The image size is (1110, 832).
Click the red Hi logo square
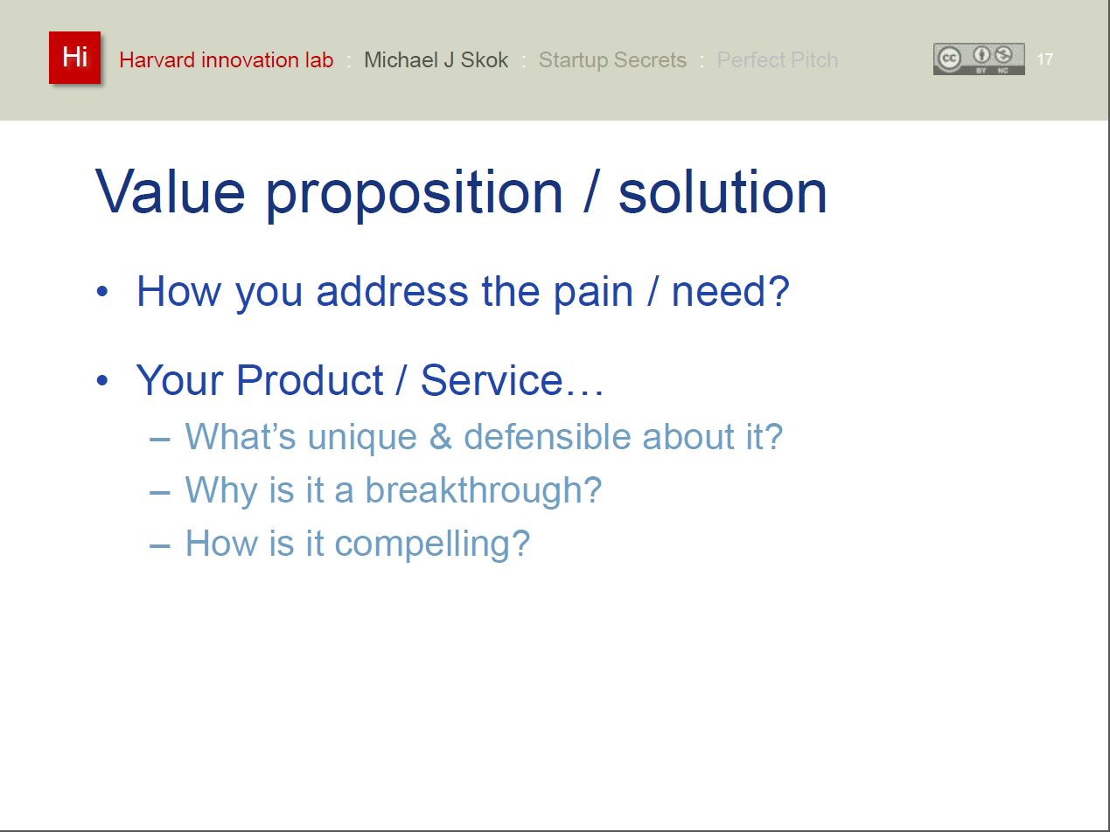[75, 58]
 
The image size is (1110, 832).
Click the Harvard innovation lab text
[227, 60]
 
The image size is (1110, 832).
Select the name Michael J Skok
[436, 60]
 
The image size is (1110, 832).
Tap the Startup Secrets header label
[612, 60]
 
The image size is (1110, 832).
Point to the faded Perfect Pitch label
[778, 60]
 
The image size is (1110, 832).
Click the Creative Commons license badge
[979, 59]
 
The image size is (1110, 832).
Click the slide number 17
[1044, 59]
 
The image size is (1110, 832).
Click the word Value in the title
[171, 192]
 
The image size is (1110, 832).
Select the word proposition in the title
[414, 196]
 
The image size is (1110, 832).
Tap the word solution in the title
[723, 192]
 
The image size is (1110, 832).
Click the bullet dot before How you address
[102, 292]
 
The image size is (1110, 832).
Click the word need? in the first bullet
[730, 292]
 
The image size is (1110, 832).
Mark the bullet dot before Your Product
[102, 380]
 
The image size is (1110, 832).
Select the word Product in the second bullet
[310, 380]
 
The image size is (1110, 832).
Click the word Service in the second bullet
[492, 380]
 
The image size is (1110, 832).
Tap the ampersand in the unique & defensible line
[440, 436]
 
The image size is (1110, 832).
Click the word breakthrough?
[484, 490]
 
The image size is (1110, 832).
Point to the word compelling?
[432, 544]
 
